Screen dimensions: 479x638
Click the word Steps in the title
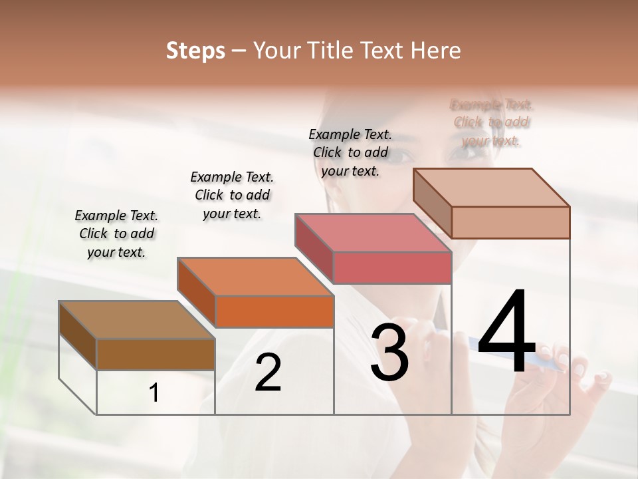click(x=195, y=51)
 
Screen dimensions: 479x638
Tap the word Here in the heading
click(x=435, y=51)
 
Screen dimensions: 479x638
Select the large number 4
click(x=506, y=333)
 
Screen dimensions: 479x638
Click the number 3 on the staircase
click(x=389, y=352)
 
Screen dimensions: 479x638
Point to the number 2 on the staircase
click(x=268, y=373)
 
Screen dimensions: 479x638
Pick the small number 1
click(x=154, y=393)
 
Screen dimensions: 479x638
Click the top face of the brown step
click(x=136, y=320)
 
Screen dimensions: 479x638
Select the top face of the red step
click(x=373, y=233)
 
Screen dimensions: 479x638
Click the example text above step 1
click(x=116, y=234)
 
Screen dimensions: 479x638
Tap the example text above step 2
click(x=232, y=195)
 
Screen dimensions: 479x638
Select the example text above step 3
click(x=350, y=152)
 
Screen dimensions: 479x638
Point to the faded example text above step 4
click(x=491, y=122)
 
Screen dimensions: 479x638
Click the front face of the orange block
click(x=274, y=311)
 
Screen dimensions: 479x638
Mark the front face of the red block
click(x=392, y=267)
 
